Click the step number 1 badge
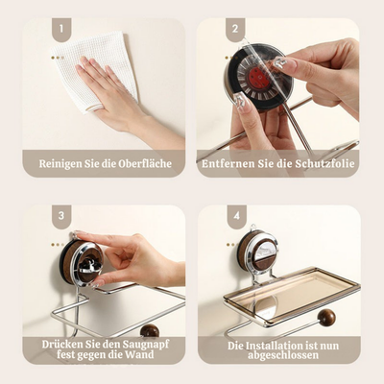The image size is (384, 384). pos(61,30)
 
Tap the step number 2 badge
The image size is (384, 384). pos(235,30)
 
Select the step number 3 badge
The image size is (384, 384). pos(61,216)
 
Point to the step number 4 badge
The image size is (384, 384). pos(236,216)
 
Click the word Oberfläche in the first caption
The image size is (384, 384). pos(145,163)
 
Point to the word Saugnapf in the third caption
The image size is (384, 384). pos(146,345)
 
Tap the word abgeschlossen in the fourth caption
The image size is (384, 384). pos(283,355)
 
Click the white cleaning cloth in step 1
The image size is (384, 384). pos(96,69)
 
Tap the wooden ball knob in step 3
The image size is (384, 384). pos(150,330)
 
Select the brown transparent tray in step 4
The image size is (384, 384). pos(292,295)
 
